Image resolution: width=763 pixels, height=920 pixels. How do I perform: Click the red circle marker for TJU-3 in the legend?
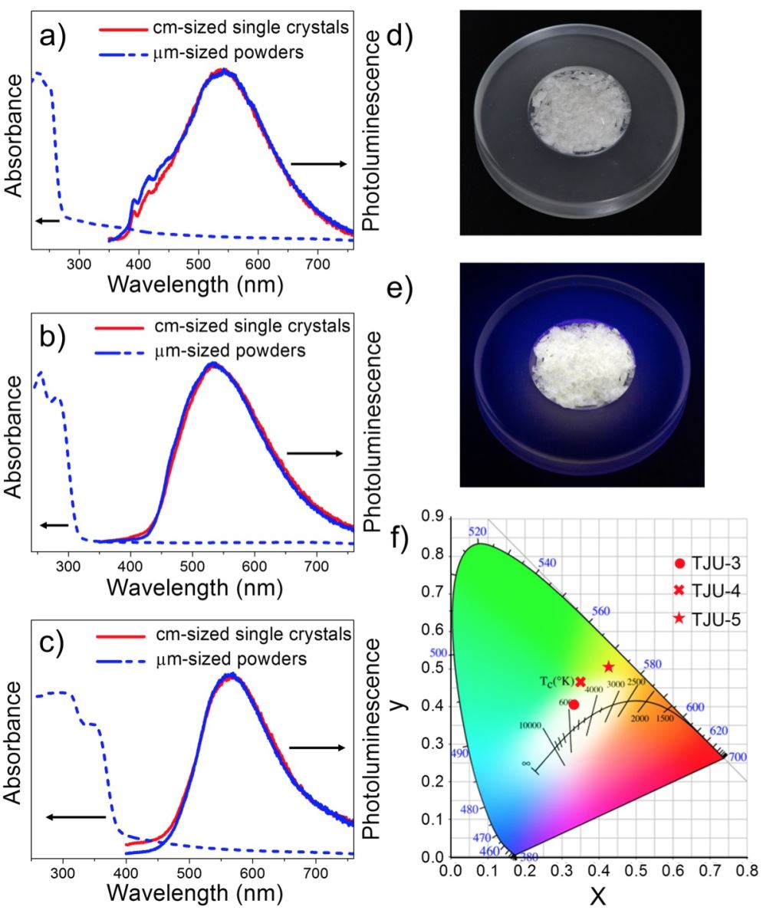(x=680, y=564)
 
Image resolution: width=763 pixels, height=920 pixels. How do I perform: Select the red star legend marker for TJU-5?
(x=680, y=619)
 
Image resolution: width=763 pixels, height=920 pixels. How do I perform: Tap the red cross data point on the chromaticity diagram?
(x=580, y=682)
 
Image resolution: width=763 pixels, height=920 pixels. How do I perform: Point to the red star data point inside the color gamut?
(x=609, y=666)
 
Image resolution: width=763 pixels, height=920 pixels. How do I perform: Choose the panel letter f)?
(x=406, y=537)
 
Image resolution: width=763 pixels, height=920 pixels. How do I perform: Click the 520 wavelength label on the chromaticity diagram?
(x=478, y=532)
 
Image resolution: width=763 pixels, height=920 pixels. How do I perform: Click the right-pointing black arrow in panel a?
(x=319, y=163)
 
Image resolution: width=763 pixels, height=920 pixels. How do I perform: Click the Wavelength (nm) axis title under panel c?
(x=195, y=894)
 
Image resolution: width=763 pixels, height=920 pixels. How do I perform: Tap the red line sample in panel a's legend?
(x=120, y=31)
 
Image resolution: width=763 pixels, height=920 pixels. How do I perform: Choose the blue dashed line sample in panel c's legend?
(x=119, y=659)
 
